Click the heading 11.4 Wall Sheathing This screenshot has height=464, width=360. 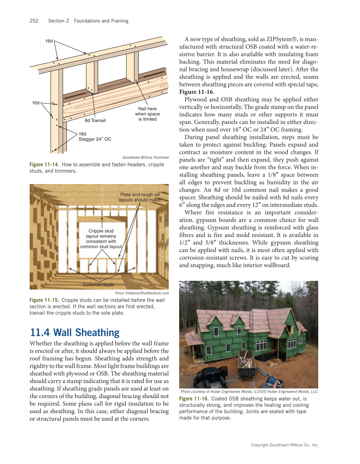pos(75,333)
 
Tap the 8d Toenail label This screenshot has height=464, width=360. pos(95,121)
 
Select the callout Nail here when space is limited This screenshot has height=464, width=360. pos(147,114)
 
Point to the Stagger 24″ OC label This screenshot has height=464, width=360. pos(95,139)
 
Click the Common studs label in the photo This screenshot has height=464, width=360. pos(98,285)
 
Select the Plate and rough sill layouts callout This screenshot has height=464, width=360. pos(139,197)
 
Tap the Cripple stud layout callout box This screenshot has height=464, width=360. pos(101,239)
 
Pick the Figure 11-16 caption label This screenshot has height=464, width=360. pos(193,399)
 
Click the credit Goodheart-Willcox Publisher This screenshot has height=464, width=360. pos(146,157)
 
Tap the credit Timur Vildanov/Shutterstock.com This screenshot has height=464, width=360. pos(142,293)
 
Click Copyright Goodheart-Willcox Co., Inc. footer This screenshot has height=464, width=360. pos(284,445)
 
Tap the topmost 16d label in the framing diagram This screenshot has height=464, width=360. pos(49,41)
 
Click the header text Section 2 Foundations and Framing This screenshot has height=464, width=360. pos(88,21)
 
